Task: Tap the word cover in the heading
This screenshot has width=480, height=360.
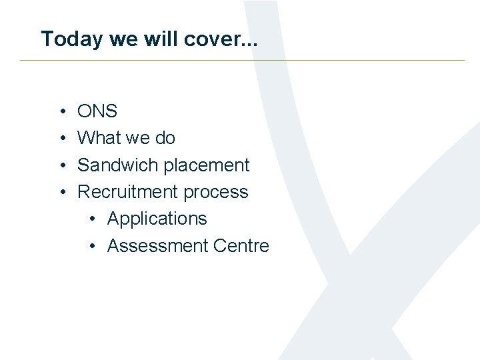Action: click(226, 39)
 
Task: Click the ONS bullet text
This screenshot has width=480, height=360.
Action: click(97, 111)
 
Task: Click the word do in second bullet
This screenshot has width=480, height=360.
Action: click(165, 138)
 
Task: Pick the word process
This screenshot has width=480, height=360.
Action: click(216, 192)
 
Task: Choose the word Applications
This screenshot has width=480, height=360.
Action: click(157, 219)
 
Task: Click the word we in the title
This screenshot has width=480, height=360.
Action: click(123, 39)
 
